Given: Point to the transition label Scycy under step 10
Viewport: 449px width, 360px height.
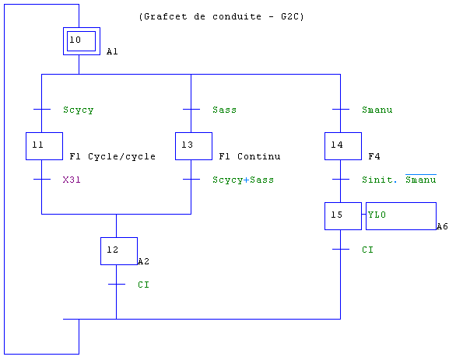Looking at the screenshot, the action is [x=79, y=110].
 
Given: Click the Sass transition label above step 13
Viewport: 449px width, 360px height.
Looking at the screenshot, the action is [x=224, y=110].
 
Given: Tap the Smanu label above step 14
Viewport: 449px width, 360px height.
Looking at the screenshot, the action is [x=377, y=110].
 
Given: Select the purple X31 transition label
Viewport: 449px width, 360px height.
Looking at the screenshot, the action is [x=72, y=180].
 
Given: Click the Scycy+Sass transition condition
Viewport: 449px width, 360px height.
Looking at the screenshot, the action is [x=243, y=180].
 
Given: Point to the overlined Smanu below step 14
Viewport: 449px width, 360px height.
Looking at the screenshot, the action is [x=421, y=179].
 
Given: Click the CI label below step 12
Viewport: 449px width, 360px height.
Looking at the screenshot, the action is [x=143, y=285].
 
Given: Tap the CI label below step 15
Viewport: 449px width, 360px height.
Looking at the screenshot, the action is [x=367, y=250].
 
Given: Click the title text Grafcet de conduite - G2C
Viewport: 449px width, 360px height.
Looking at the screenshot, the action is [x=221, y=16].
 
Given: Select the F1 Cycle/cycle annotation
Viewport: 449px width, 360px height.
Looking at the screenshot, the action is [x=113, y=156].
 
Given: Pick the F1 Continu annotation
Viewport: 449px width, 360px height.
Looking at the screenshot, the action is [x=250, y=156].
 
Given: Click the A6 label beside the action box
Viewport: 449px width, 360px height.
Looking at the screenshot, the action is [x=442, y=226].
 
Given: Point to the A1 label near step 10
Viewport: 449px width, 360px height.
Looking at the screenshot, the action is [x=112, y=51].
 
